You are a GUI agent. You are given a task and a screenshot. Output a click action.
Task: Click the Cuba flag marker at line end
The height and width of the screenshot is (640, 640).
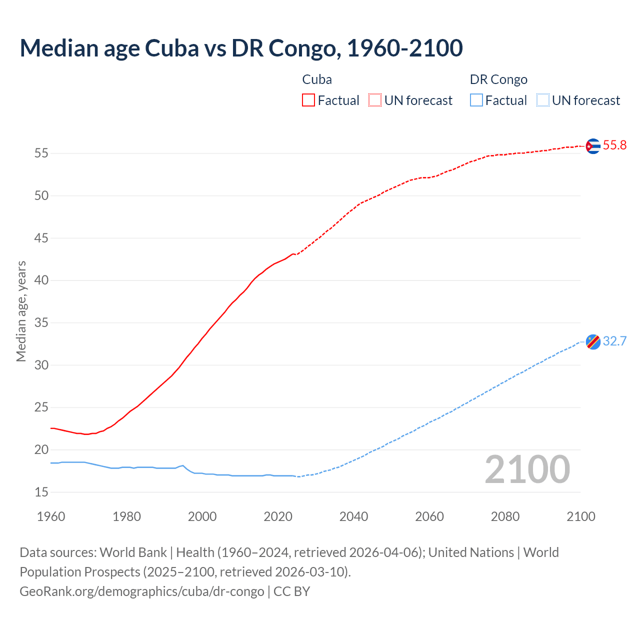coord(592,146)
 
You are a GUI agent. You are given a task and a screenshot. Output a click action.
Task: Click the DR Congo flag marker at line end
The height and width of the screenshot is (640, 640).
coord(592,342)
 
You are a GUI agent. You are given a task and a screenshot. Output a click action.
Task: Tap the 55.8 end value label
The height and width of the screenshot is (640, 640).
coord(614,145)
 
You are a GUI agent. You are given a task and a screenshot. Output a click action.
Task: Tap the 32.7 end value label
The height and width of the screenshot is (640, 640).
coord(614,341)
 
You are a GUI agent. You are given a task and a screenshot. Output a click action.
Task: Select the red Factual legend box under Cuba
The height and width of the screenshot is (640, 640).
coord(308,100)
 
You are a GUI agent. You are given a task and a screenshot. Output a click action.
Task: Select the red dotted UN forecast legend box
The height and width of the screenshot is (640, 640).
coord(375,100)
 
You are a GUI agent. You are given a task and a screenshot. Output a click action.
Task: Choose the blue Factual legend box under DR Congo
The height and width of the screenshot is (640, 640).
coord(476,100)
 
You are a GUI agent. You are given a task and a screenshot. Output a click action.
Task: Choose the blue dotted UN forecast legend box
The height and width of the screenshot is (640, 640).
coord(543,100)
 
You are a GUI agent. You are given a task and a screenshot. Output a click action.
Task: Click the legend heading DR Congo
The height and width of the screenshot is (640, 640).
coord(498,79)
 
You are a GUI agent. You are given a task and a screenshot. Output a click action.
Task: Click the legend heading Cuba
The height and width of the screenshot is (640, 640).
coord(317,79)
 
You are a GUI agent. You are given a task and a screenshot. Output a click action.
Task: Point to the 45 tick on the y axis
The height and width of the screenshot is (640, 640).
coord(41,238)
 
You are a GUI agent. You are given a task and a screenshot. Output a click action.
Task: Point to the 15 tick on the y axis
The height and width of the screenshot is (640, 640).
coord(41,492)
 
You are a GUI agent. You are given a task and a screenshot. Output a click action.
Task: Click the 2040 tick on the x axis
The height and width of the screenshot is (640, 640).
coord(353,516)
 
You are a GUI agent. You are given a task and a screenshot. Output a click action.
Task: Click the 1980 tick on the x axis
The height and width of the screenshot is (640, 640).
coord(126,516)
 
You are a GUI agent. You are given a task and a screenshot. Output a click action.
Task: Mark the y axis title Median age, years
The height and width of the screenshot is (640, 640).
coord(21,311)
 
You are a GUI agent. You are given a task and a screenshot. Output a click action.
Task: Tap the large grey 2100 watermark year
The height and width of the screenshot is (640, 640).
coord(527,469)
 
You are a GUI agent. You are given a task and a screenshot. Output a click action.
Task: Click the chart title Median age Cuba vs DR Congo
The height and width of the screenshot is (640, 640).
coord(241,48)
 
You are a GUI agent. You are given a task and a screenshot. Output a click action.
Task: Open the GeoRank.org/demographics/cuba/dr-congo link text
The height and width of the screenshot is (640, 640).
coord(142,591)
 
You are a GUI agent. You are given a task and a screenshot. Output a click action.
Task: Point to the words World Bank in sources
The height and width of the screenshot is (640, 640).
coord(133,552)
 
